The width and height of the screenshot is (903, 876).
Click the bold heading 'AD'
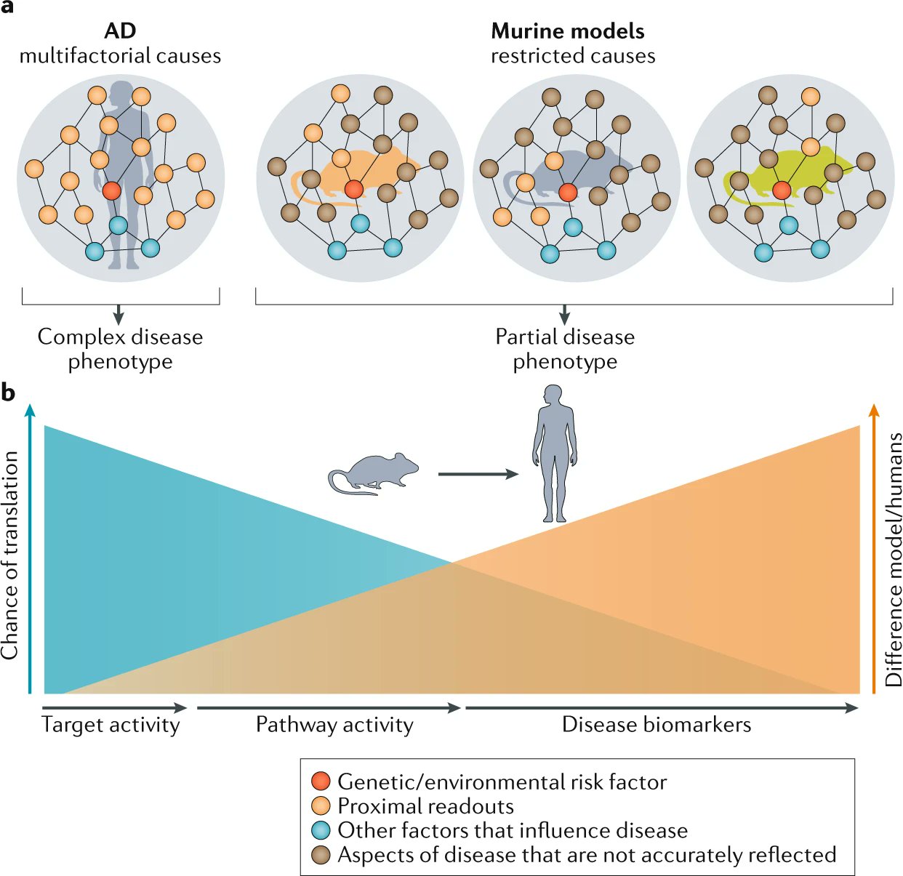pyautogui.click(x=120, y=31)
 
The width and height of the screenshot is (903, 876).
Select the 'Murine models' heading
pyautogui.click(x=567, y=31)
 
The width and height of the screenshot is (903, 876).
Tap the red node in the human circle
pyautogui.click(x=111, y=191)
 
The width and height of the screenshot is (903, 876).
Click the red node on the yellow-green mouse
pyautogui.click(x=782, y=190)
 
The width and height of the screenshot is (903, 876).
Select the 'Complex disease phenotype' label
pyautogui.click(x=120, y=349)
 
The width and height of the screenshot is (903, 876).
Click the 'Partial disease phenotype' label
pyautogui.click(x=565, y=349)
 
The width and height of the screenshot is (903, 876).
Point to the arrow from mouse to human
pyautogui.click(x=478, y=474)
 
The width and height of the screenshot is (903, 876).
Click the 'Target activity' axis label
pyautogui.click(x=111, y=725)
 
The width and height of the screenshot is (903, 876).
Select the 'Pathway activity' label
pyautogui.click(x=334, y=725)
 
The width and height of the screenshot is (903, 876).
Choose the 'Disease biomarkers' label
pyautogui.click(x=657, y=725)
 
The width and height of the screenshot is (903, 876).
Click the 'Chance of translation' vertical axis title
pyautogui.click(x=10, y=555)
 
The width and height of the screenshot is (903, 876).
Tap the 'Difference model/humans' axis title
pyautogui.click(x=894, y=560)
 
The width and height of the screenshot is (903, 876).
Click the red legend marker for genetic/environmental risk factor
pyautogui.click(x=321, y=781)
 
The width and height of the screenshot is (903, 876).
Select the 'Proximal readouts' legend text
pyautogui.click(x=425, y=806)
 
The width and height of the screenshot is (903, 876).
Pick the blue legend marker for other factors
pyautogui.click(x=321, y=830)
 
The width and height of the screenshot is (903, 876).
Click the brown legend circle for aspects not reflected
pyautogui.click(x=321, y=855)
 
